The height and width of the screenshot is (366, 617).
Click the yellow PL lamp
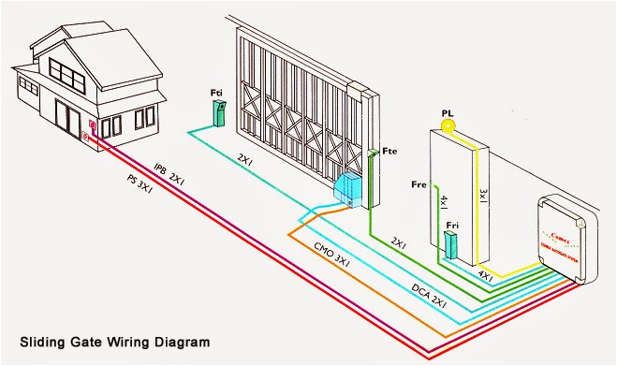tap(448, 124)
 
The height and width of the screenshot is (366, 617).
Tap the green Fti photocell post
tap(219, 113)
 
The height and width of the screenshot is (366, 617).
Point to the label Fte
tap(390, 151)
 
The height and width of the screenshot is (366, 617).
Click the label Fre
tap(419, 184)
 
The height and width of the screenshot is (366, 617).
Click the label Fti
tap(216, 93)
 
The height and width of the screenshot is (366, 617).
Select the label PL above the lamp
tap(448, 111)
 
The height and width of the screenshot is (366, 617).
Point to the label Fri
tap(453, 225)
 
